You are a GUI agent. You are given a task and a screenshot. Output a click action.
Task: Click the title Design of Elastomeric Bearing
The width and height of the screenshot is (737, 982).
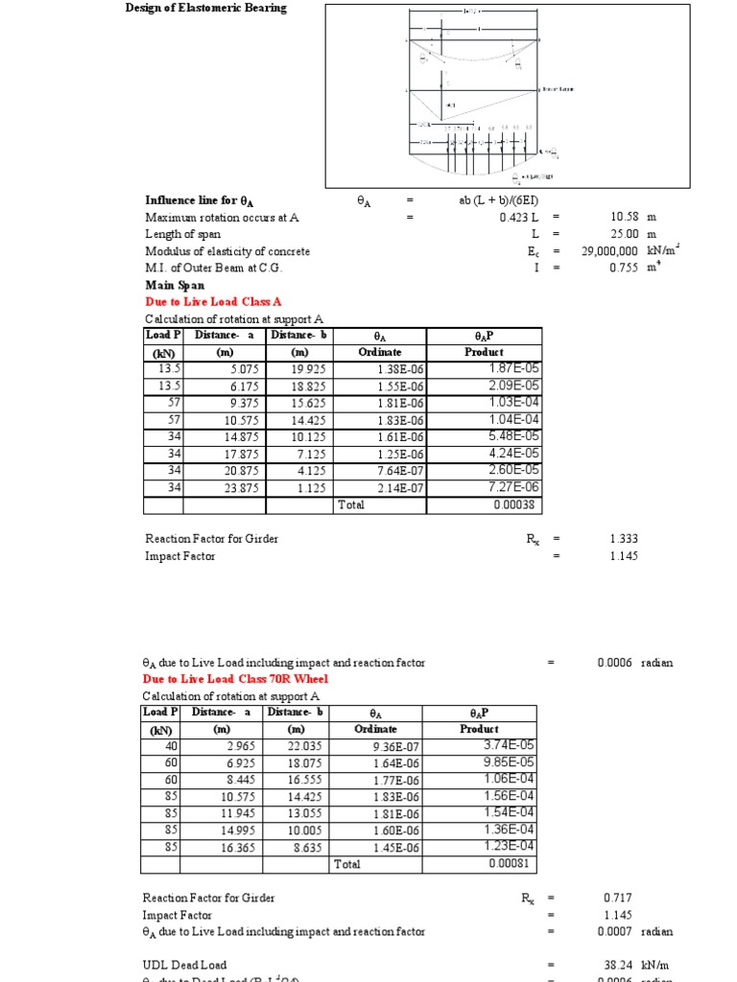tap(205, 9)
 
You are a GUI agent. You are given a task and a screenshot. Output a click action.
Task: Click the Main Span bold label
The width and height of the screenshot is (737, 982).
tap(175, 285)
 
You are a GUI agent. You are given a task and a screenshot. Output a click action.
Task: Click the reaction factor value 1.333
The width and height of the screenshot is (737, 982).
tap(623, 539)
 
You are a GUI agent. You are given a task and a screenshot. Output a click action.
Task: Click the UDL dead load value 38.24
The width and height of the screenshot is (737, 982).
tap(615, 965)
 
